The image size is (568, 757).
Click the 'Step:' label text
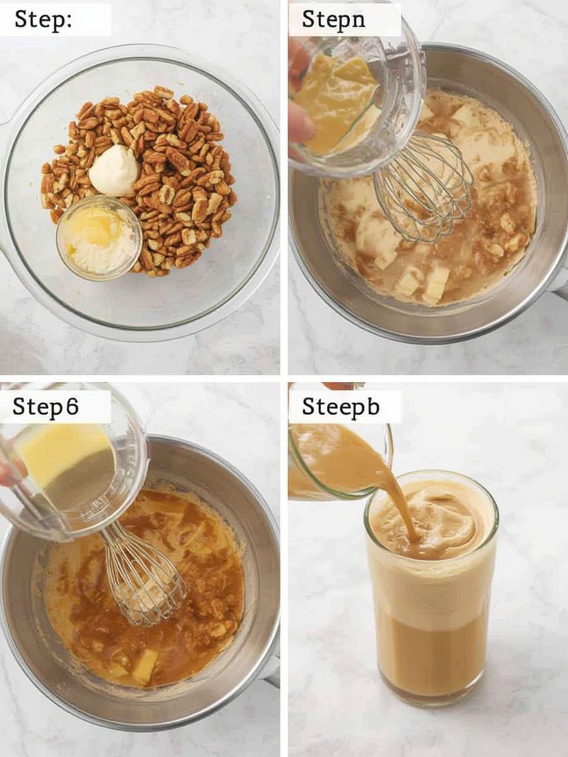coord(43,20)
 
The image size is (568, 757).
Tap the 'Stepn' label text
coord(334,19)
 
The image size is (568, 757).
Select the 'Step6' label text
coord(45,407)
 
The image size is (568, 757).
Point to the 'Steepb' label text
coord(340,407)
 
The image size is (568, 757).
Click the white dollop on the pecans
coord(113,171)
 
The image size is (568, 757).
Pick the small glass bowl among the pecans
coord(99,238)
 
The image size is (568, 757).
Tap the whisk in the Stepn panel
coord(422,189)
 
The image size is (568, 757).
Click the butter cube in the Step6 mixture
coord(144,666)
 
